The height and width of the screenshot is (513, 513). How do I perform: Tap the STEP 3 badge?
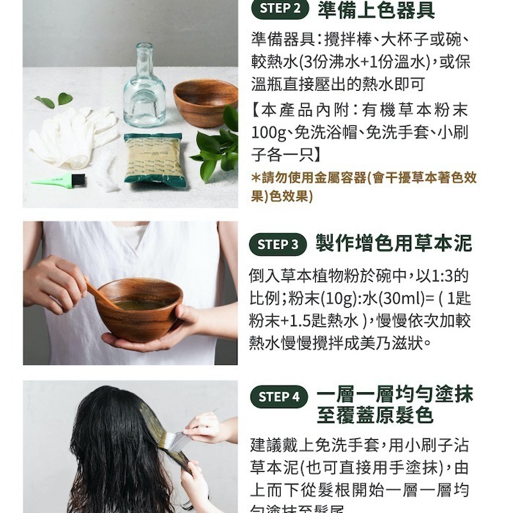(x=278, y=244)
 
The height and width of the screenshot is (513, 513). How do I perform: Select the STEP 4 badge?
(x=278, y=396)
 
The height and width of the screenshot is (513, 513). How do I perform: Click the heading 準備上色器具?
(x=376, y=10)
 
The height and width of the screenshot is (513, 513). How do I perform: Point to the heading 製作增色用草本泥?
(x=394, y=243)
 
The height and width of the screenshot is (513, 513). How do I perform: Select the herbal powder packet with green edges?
(x=153, y=158)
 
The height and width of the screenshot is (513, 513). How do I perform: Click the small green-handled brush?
(x=60, y=180)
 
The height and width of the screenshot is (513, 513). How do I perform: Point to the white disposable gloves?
(x=73, y=136)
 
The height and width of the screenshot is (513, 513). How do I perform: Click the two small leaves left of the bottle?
(x=56, y=100)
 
